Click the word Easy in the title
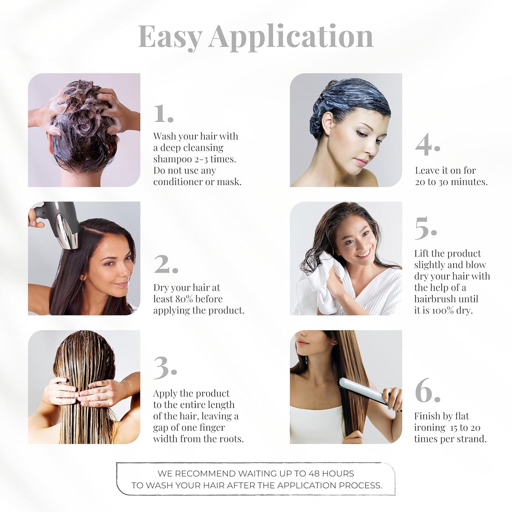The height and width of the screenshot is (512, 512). [x=170, y=36]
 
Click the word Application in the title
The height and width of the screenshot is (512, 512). [x=291, y=36]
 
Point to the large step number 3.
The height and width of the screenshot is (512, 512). [x=165, y=367]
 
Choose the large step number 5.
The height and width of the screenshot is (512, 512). [x=425, y=228]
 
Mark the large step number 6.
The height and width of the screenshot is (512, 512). [x=427, y=390]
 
